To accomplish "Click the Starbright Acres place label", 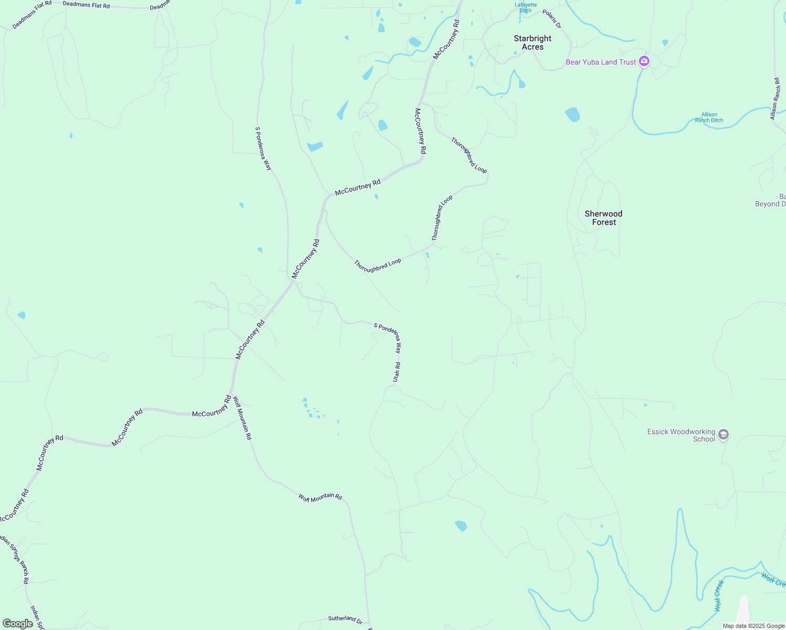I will point(532,43).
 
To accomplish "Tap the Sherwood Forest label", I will point(603,218).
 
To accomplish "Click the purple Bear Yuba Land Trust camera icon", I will point(644,61).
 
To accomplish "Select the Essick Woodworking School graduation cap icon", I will point(723,435).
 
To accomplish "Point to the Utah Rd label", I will point(397,372).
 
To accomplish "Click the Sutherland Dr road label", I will point(345,619).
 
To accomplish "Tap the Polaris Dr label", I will point(552,19).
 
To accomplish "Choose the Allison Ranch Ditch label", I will point(709,117).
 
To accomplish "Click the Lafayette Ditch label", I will point(525,7).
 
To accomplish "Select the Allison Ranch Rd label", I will point(775,99).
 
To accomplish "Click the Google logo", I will point(18,623).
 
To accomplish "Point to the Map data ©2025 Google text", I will point(753,626).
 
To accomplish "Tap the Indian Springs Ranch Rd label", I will point(15,560).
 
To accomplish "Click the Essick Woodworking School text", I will point(681,435).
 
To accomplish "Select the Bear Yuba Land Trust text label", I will point(601,62).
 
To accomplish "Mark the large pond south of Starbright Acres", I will point(572,114).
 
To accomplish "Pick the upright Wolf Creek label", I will point(718,596).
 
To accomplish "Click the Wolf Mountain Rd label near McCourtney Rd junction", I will point(242,418).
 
